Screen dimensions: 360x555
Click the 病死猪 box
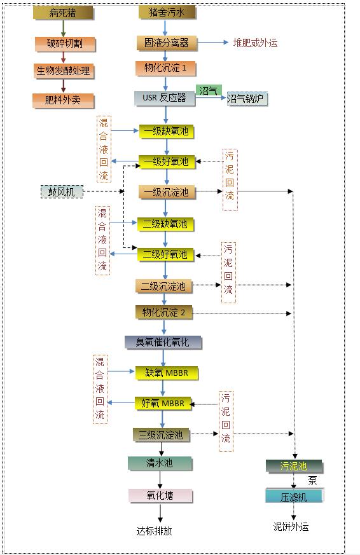63,13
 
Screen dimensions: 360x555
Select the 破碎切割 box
65,44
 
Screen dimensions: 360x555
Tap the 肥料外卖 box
63,100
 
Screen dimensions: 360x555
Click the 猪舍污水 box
167,13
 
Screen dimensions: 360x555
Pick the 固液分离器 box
167,43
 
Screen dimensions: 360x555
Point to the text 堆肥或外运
255,43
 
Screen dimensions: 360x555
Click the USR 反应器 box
165,98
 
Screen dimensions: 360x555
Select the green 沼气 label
209,90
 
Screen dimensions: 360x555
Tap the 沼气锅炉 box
247,99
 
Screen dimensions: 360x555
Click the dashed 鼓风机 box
62,191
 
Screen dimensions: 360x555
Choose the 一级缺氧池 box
166,132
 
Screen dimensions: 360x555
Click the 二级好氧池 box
165,254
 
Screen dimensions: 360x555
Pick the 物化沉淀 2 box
164,312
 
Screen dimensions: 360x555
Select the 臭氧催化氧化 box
163,342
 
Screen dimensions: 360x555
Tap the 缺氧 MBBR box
167,373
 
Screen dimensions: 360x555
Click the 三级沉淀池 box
161,435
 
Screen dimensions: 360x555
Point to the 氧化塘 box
160,495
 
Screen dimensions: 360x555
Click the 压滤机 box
294,496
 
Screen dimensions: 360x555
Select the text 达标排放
155,531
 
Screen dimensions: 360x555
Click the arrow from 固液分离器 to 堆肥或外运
212,43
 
